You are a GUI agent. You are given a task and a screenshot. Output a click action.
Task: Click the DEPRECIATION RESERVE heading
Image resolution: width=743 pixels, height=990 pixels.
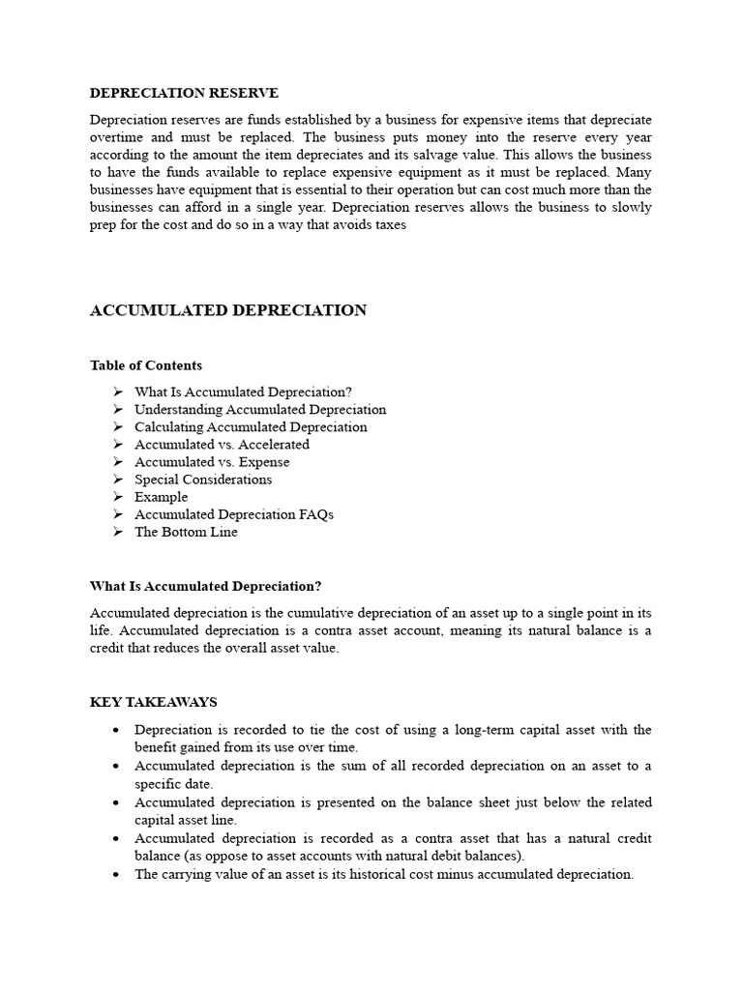coord(184,93)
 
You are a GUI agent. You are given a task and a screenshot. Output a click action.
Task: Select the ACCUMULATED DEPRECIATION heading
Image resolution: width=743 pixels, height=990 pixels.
coord(228,310)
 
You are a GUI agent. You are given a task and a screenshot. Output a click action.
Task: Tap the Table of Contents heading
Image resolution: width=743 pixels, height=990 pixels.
coord(146,365)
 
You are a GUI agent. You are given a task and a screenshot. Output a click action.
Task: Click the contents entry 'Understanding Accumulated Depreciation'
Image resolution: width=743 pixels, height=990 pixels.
coord(260,410)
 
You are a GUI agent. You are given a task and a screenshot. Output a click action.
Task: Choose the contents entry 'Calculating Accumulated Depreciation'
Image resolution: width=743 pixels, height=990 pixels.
coord(251,427)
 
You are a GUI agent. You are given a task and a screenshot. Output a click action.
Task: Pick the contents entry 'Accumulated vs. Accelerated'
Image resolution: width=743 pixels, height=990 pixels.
coord(222,445)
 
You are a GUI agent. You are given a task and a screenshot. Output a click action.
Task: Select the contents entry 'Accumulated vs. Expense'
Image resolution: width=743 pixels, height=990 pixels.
coord(212,462)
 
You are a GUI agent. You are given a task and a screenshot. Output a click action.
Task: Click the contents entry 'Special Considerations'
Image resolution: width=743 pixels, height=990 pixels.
coord(203,480)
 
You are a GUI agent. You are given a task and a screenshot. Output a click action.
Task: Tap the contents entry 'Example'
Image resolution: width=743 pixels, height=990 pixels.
coord(161,497)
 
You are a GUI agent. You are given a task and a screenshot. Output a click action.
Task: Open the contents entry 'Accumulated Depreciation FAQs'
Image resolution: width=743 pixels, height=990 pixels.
coord(233,514)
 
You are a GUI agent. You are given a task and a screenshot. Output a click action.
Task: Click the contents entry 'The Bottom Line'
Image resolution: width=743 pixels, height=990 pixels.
coord(186,532)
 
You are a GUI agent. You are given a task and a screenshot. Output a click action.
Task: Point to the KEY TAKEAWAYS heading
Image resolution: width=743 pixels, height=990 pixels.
coord(154,702)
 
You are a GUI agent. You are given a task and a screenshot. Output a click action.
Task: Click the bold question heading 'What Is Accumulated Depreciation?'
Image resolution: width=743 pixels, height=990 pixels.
coord(205,586)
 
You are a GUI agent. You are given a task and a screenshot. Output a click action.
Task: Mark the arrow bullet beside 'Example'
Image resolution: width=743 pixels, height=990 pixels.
coord(117,497)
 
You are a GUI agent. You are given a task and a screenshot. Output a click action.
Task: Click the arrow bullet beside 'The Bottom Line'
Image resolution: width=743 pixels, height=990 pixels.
coord(117,532)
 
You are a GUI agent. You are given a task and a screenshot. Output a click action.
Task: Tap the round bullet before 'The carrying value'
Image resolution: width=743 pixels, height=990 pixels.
coord(115,874)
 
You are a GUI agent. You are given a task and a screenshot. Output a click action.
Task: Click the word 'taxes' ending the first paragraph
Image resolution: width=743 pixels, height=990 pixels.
coord(387,225)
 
